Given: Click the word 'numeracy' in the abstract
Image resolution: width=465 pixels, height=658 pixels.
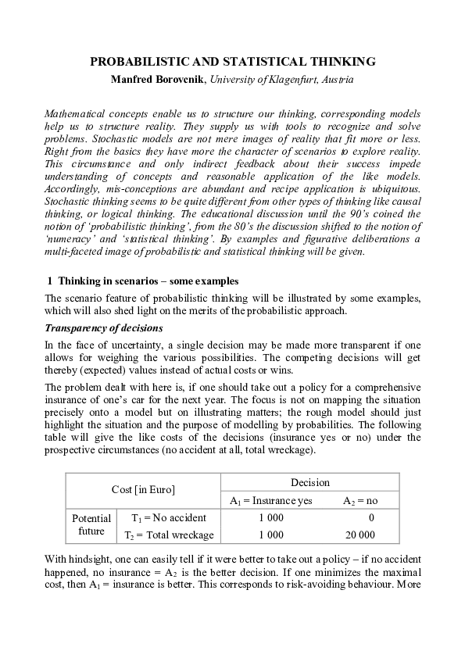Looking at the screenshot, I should tap(68, 239).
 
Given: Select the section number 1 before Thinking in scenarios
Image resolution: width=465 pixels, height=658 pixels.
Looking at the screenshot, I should tap(50, 281).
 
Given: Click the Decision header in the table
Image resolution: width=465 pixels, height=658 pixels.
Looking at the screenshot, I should tap(310, 482).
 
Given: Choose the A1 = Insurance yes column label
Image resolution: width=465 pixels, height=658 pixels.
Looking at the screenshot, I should tap(270, 500).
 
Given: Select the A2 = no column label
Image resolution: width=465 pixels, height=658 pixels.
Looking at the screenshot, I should tap(361, 500).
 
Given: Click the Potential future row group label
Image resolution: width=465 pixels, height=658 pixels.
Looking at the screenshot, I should tap(91, 525).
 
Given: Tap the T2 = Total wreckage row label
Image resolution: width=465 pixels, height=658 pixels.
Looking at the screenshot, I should tap(169, 535).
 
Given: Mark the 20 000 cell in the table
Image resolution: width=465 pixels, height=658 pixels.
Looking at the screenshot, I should tap(359, 535).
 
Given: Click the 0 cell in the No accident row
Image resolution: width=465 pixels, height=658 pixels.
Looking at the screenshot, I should tap(371, 517).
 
